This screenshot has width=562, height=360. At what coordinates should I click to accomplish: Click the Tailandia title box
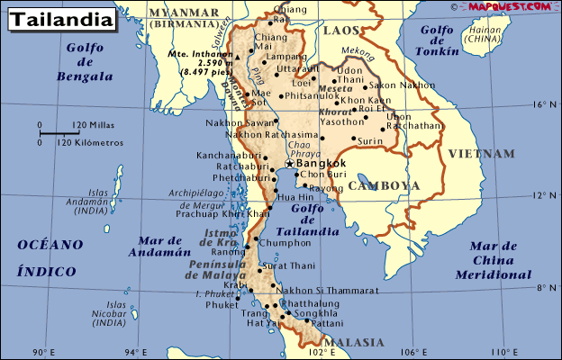59,17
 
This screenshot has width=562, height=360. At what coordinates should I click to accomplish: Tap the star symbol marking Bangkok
289,164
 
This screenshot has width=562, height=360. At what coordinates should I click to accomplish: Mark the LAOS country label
341,31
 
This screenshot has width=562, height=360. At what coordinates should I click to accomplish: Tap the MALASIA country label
355,343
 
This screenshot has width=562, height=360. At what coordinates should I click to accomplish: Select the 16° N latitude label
539,104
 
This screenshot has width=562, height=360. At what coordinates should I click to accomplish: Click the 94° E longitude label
135,352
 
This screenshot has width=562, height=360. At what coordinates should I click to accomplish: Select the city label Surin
370,141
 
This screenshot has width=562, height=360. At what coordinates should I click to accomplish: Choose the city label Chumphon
285,242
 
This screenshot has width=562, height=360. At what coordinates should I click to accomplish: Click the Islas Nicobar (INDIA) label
109,313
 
